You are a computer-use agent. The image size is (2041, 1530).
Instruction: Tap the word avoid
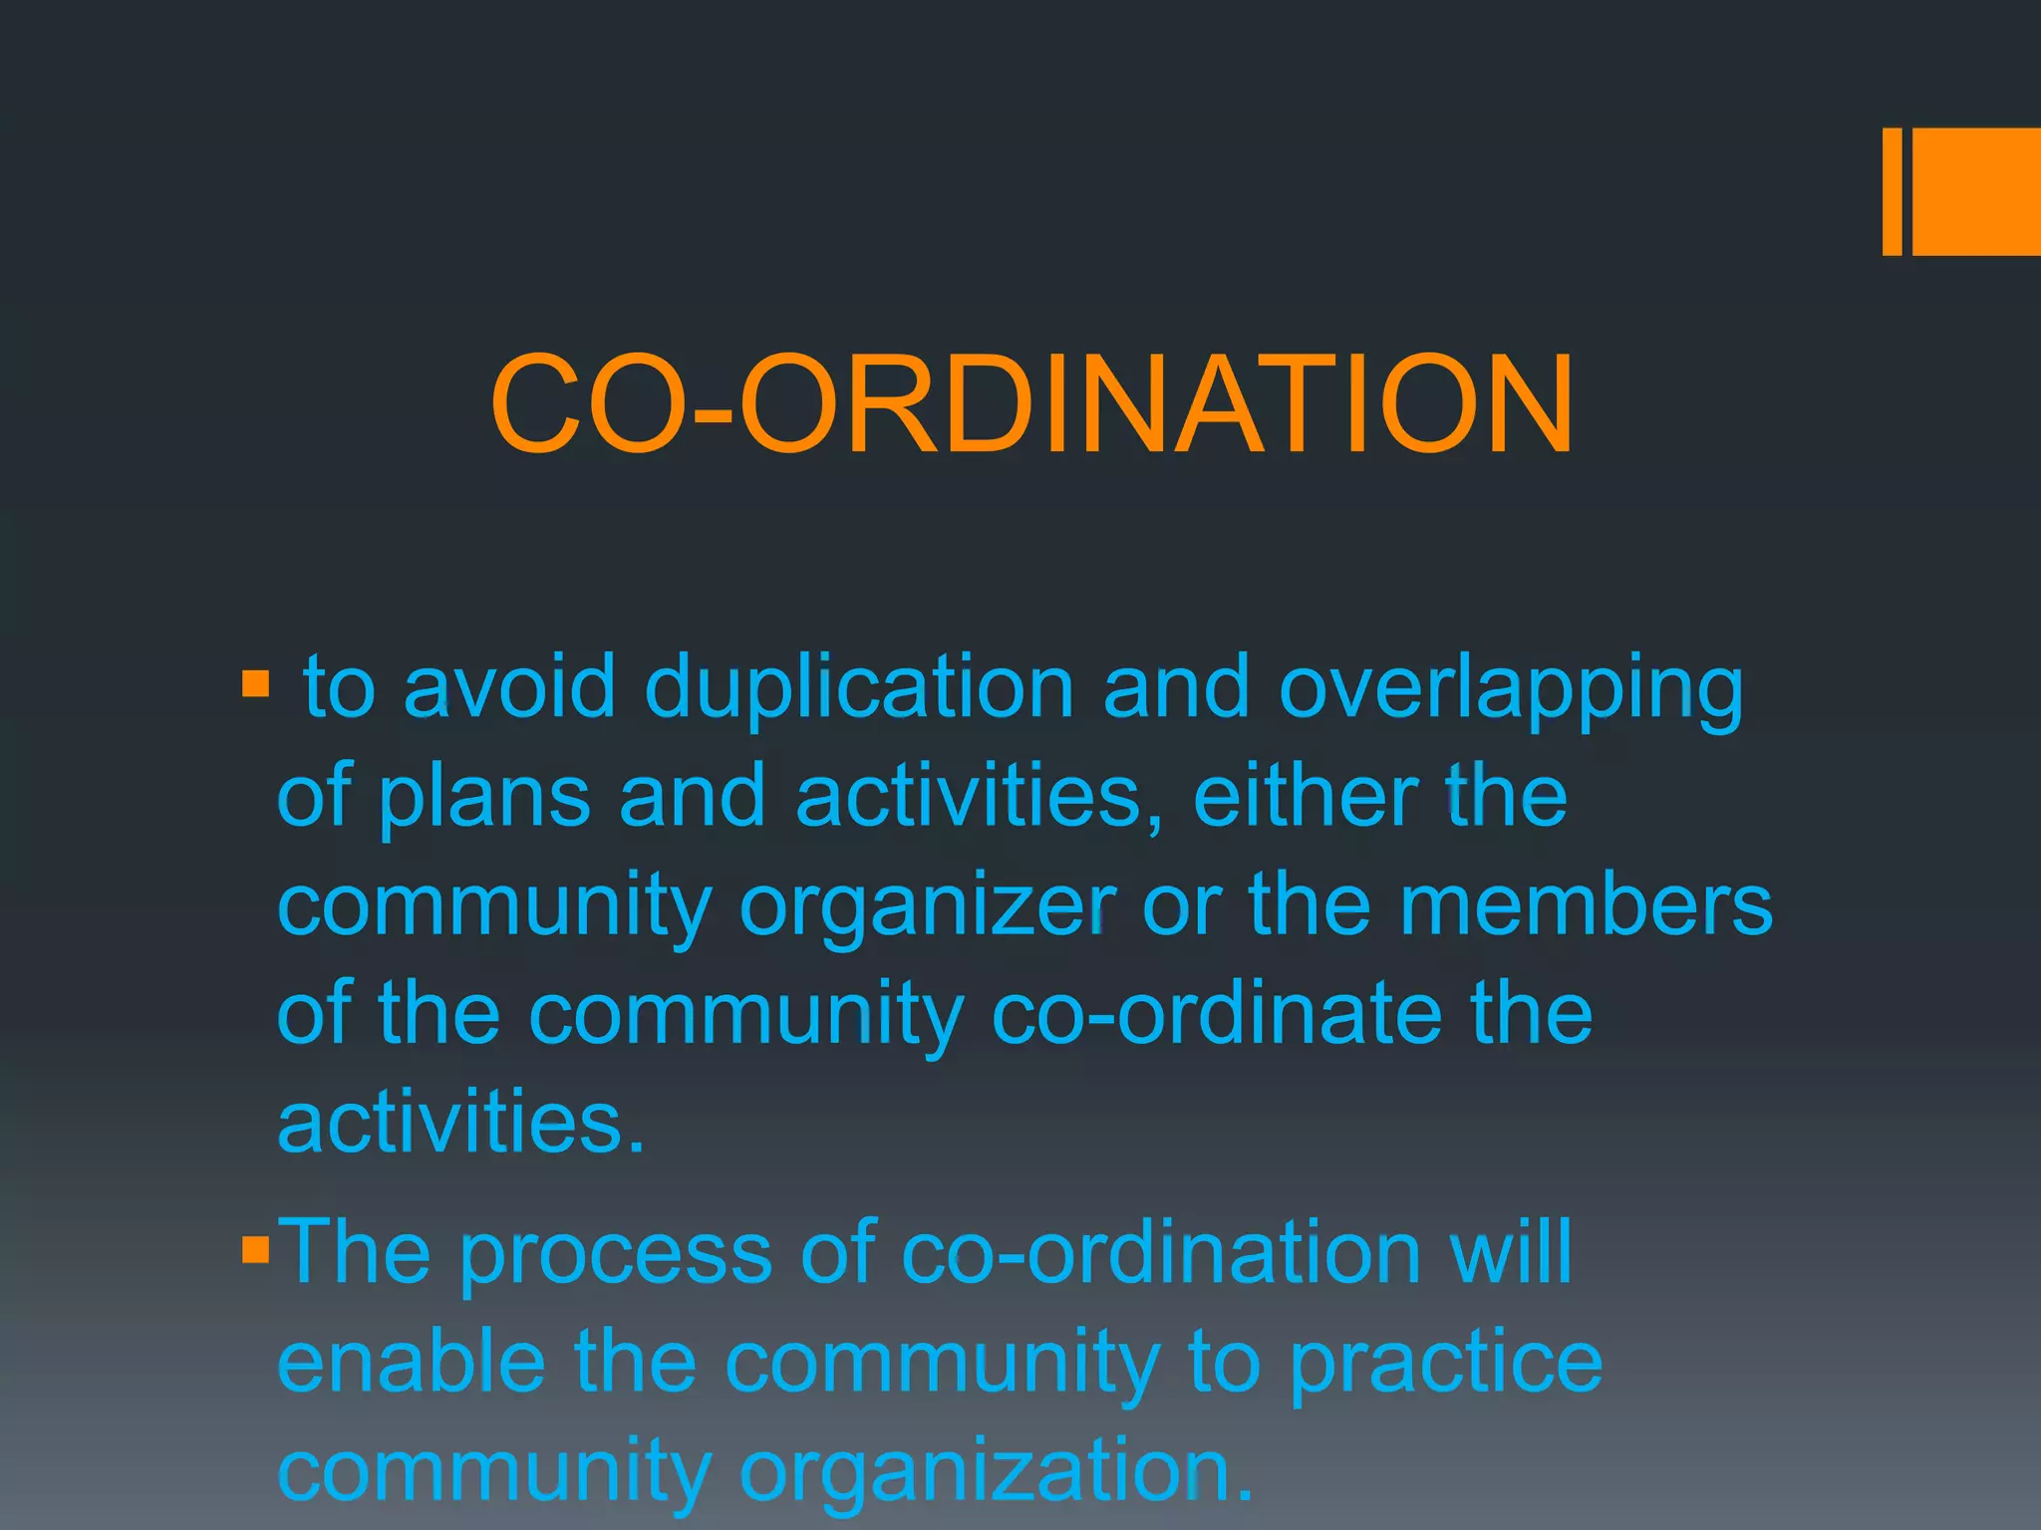pos(509,686)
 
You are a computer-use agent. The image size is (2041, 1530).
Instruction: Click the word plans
pos(484,798)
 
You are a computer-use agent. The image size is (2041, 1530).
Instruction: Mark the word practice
pos(1446,1363)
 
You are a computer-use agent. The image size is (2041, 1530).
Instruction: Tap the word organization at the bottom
pos(996,1472)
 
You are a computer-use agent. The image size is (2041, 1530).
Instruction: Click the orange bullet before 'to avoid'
pos(255,683)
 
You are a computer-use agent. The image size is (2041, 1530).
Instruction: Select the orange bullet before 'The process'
pos(255,1250)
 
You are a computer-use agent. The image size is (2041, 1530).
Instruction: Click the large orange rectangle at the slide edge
pos(1976,191)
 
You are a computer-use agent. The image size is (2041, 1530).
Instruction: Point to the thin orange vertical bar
pos(1892,191)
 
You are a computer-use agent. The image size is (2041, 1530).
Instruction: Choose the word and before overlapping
pos(1176,686)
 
